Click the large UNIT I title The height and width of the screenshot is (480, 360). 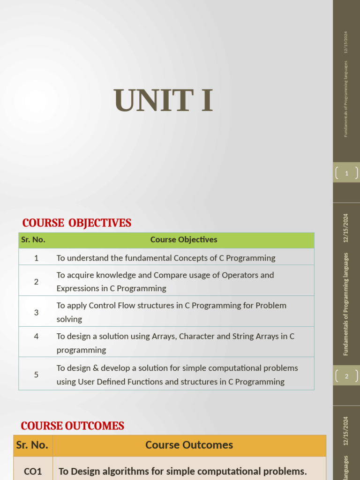click(x=164, y=100)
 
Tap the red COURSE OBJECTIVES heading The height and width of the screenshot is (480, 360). click(x=77, y=223)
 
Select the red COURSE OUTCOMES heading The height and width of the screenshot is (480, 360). click(x=73, y=426)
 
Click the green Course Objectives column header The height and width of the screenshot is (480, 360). click(x=184, y=240)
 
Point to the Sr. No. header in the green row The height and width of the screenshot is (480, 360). click(x=33, y=240)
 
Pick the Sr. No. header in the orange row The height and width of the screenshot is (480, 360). click(x=32, y=445)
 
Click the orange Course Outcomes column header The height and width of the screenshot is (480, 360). click(x=189, y=445)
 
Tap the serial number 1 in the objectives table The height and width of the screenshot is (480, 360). click(x=36, y=258)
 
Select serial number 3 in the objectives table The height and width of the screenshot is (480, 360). click(x=36, y=312)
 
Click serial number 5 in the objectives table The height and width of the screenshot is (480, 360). click(x=36, y=375)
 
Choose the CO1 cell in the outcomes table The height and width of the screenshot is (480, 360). click(x=33, y=471)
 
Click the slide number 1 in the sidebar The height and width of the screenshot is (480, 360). click(x=347, y=173)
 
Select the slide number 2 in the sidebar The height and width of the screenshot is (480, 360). click(x=347, y=376)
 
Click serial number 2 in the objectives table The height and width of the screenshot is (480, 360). click(x=36, y=282)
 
